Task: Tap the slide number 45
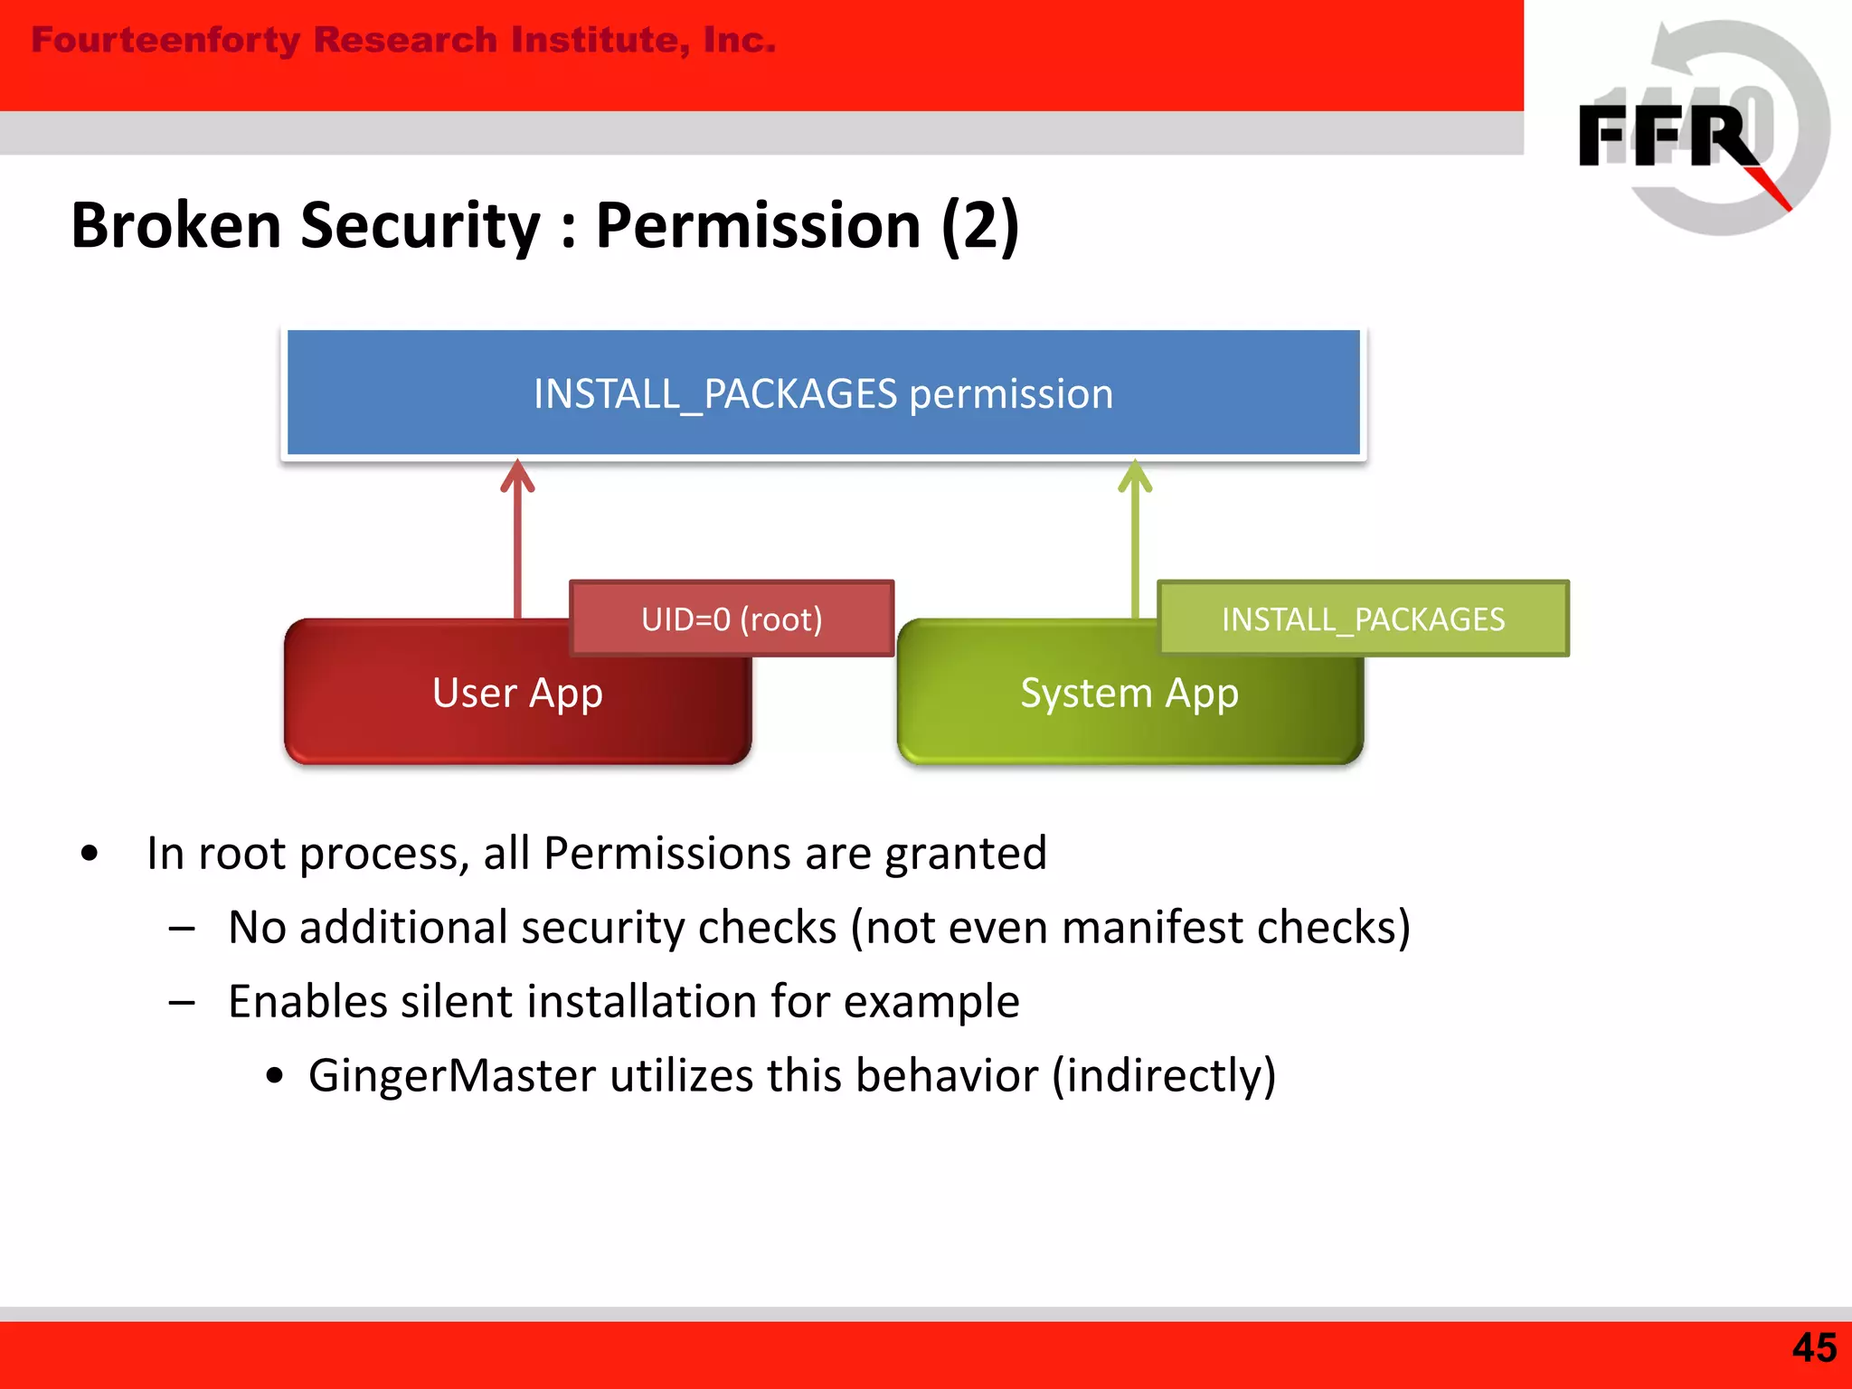tap(1814, 1347)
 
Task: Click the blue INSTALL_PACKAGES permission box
tap(823, 393)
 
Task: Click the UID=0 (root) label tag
tap(732, 619)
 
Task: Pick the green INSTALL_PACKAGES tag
tap(1363, 619)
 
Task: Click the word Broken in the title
tap(176, 225)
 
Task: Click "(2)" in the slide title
tap(979, 225)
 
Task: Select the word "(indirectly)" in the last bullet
tap(1164, 1076)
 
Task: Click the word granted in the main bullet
tap(965, 854)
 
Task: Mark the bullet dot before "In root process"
tap(89, 854)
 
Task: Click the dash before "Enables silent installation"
tap(182, 1002)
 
